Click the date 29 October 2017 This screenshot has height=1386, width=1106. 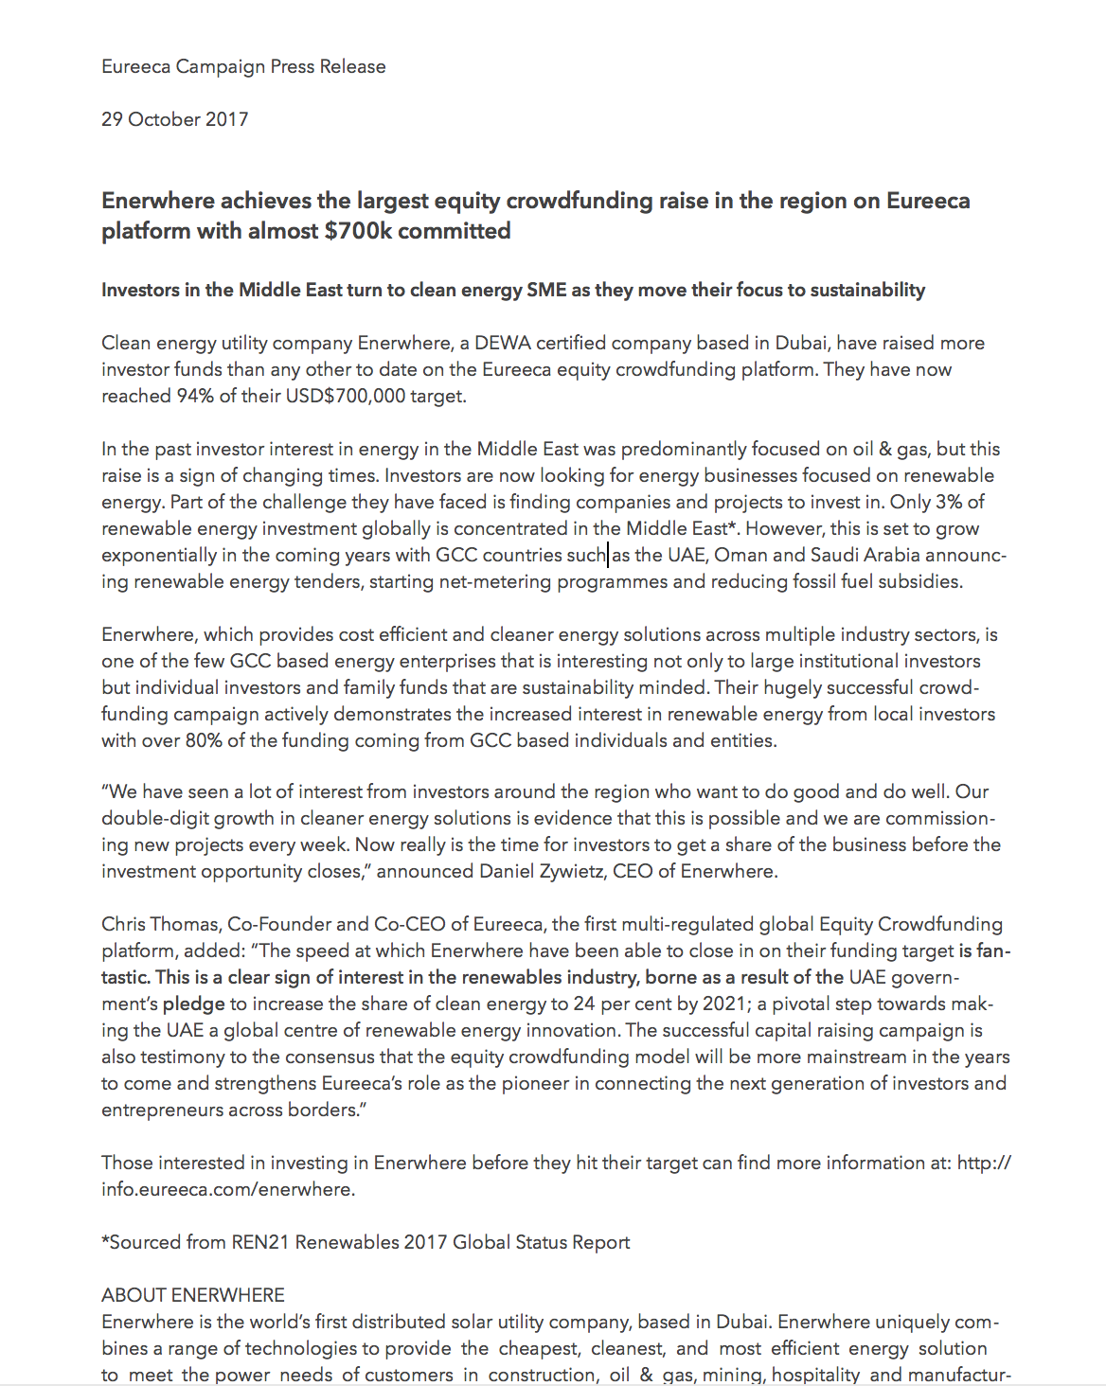[175, 119]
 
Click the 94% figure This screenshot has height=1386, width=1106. [195, 396]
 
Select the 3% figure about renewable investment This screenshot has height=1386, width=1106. [949, 502]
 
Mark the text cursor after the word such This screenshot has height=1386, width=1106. [608, 555]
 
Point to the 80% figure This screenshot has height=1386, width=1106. [203, 740]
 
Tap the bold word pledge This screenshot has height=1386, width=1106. [194, 1004]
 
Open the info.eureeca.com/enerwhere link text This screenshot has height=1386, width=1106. [228, 1189]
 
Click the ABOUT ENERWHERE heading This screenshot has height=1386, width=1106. [193, 1295]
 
